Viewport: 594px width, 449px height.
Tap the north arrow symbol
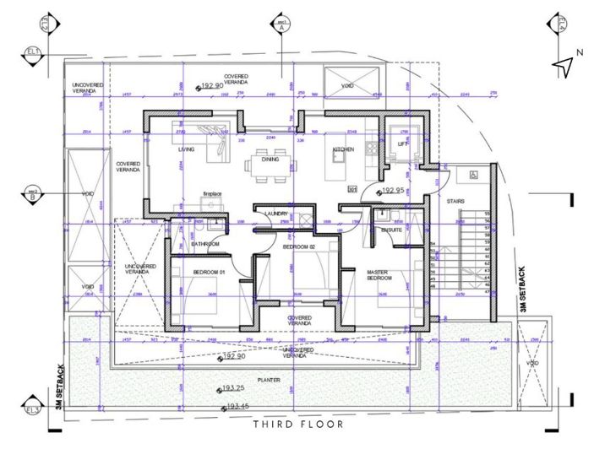(x=564, y=67)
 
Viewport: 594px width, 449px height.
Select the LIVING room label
(x=186, y=149)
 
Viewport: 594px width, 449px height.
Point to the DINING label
(x=270, y=159)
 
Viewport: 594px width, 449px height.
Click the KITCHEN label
(x=342, y=149)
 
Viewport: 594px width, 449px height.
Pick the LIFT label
(x=402, y=144)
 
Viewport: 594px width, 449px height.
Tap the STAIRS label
(x=456, y=201)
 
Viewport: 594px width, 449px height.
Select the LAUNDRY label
(x=276, y=214)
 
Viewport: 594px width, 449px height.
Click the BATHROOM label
(x=205, y=244)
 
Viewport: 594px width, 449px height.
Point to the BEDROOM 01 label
(x=207, y=273)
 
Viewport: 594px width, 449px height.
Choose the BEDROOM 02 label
(x=298, y=246)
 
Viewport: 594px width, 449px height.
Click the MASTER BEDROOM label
(x=378, y=275)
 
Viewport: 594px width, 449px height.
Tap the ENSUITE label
(x=391, y=230)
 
